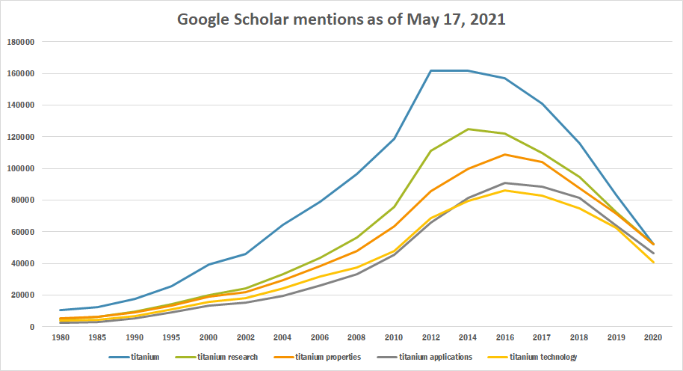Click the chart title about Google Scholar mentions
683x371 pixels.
click(341, 19)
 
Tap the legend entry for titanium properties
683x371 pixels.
click(328, 357)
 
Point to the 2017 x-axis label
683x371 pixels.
click(541, 338)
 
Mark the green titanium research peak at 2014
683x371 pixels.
click(469, 129)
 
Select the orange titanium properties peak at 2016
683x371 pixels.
click(505, 155)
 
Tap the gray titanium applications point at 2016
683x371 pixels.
click(505, 183)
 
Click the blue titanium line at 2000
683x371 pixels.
click(209, 265)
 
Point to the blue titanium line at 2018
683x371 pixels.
click(579, 143)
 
